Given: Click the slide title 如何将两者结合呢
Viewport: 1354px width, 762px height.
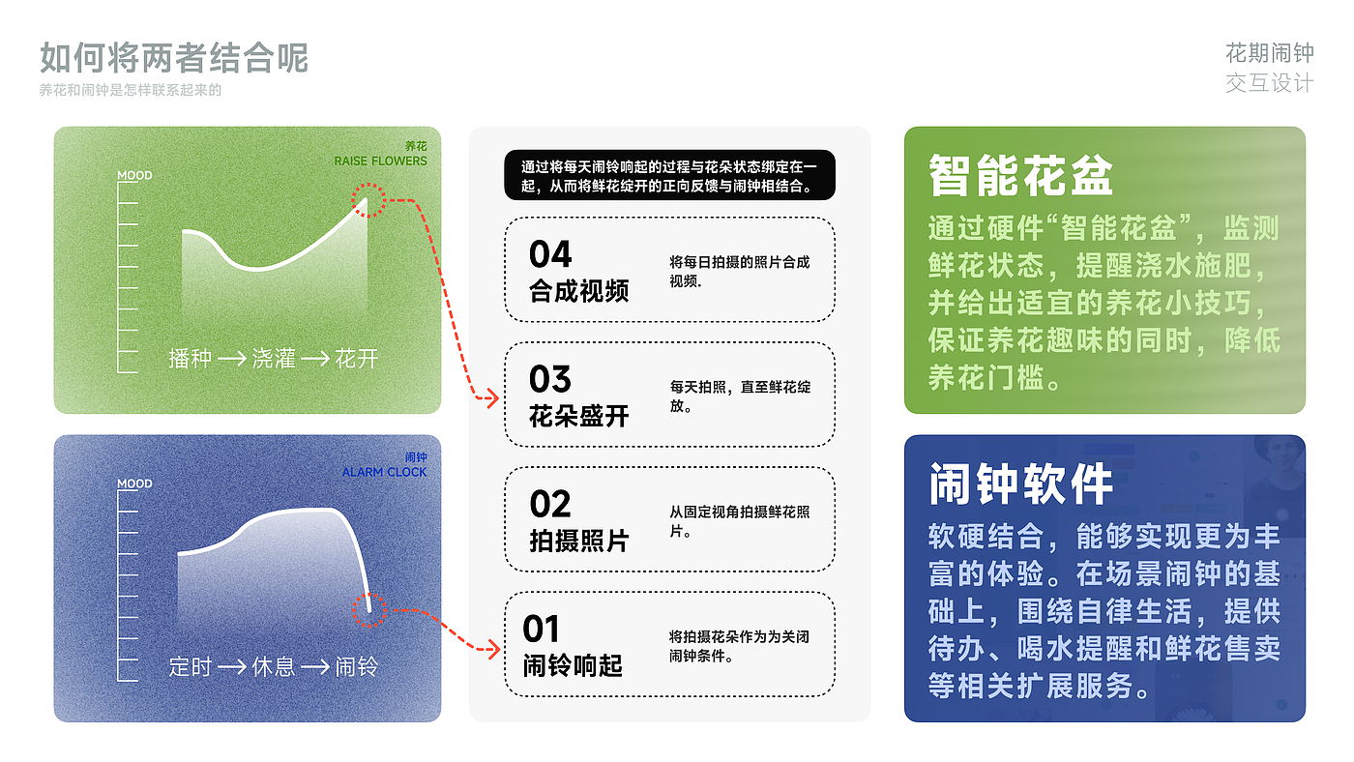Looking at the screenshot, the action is click(x=174, y=59).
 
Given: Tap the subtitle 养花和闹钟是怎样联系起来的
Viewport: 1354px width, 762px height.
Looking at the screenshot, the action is click(x=131, y=91).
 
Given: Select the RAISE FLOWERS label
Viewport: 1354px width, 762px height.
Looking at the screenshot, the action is click(x=380, y=161).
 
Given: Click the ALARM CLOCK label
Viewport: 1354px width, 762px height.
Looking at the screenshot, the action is click(x=384, y=472).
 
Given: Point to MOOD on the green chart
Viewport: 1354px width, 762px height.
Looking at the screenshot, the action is click(x=134, y=176).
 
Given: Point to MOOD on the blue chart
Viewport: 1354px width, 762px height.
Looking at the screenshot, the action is click(x=134, y=484).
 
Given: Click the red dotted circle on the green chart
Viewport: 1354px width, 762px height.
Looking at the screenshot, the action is click(x=368, y=200).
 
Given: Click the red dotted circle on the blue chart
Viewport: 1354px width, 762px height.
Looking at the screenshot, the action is click(x=368, y=610).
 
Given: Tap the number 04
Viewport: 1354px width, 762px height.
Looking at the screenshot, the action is click(x=550, y=255).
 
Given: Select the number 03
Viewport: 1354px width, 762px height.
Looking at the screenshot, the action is click(x=550, y=380).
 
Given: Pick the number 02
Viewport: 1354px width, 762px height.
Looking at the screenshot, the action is click(x=550, y=505).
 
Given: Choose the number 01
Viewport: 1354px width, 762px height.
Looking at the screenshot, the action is click(x=541, y=630).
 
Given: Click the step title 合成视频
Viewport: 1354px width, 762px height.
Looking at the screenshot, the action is click(x=579, y=291).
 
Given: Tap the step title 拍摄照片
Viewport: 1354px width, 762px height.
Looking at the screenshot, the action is click(x=579, y=541).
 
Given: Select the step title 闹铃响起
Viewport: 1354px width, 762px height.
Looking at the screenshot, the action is click(x=573, y=665).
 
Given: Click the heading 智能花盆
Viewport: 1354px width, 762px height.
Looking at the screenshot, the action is click(x=1021, y=177).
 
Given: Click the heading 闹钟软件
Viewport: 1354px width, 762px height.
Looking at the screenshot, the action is click(x=1021, y=484).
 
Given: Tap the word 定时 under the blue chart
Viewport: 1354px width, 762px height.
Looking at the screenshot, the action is click(x=190, y=666).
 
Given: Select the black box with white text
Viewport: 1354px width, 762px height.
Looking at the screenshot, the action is click(x=668, y=175).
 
